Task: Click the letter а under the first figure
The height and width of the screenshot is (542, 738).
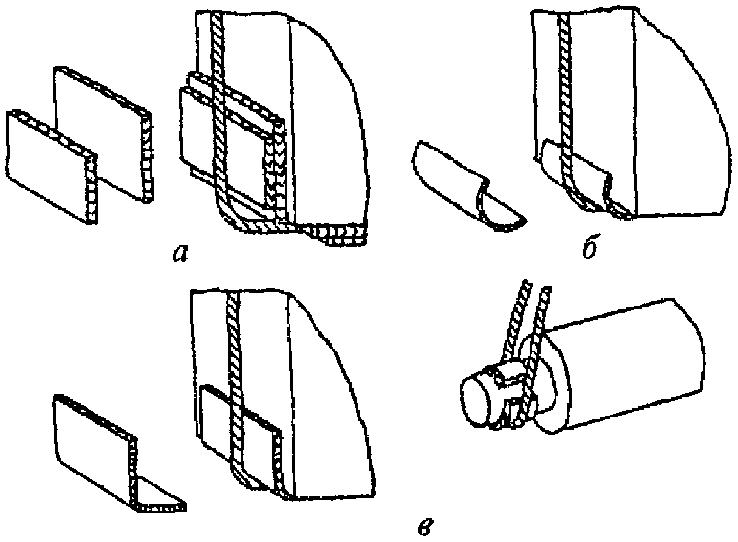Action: coord(181,253)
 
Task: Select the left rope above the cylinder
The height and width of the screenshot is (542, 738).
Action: coord(515,320)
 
